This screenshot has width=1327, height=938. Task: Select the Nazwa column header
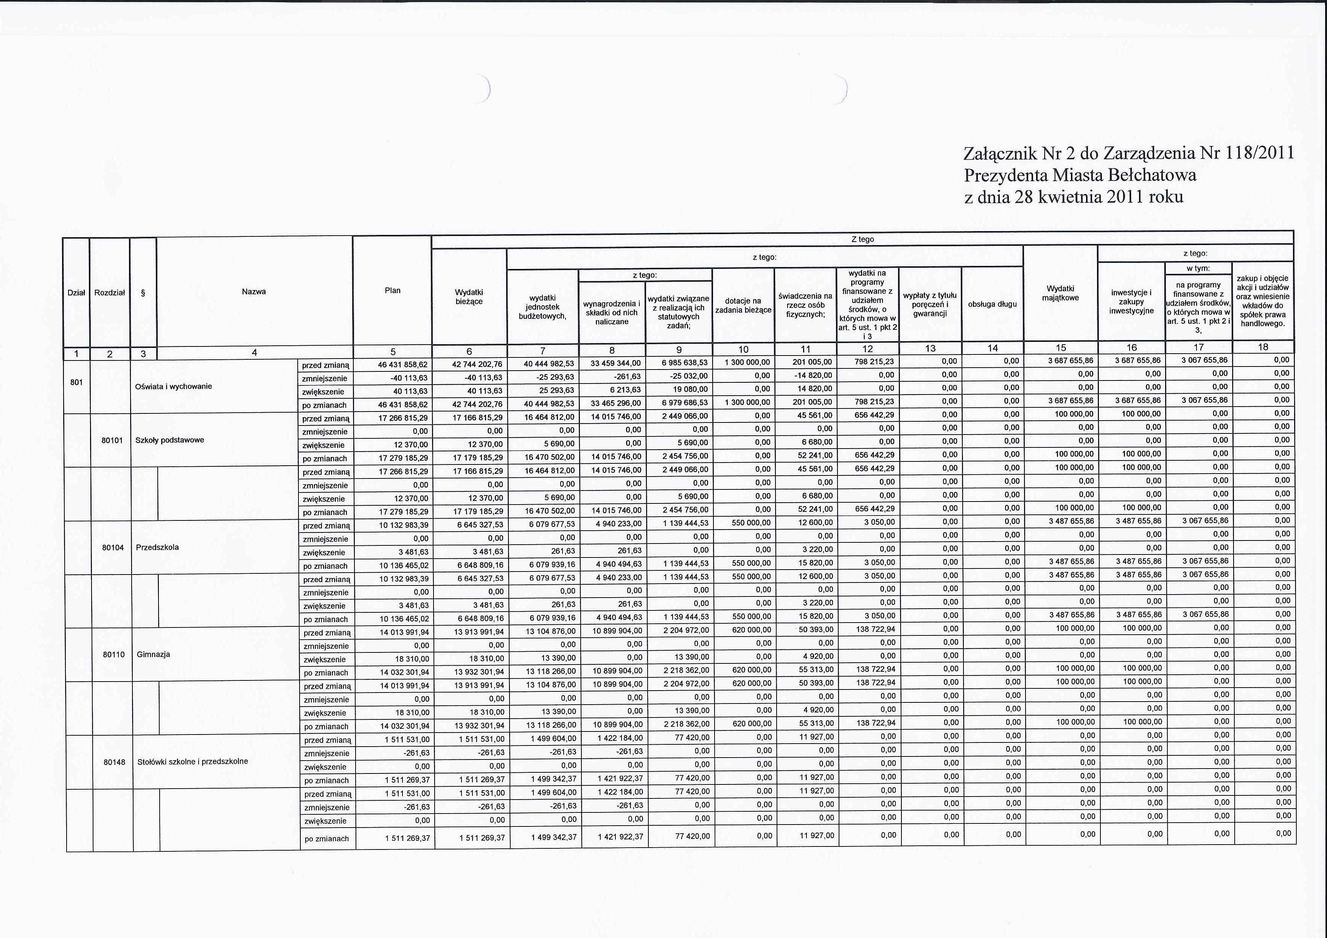point(254,291)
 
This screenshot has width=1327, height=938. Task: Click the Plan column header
point(392,290)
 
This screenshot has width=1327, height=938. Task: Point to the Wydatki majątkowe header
point(1060,293)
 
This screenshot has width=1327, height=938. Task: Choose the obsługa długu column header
point(992,304)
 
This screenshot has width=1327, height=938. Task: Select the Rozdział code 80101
point(113,440)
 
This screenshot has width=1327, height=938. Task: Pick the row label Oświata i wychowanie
point(173,386)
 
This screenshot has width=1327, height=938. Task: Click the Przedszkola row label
point(157,547)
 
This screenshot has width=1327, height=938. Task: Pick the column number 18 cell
point(1263,347)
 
